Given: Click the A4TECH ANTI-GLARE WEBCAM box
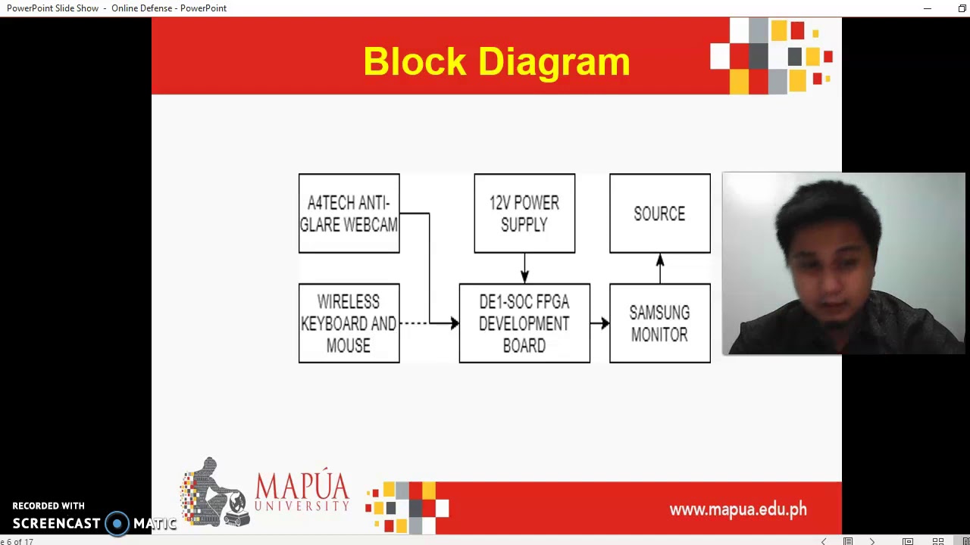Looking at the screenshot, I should coord(349,213).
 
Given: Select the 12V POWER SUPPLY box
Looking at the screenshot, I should coord(524,213).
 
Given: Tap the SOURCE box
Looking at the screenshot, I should coord(659,213).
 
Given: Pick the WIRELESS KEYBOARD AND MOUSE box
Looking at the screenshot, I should coord(349,323).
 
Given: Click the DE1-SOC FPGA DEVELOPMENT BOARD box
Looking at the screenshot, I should coord(524,323).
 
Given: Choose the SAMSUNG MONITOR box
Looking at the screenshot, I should coord(659,323).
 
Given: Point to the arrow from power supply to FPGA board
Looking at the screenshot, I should coord(524,269).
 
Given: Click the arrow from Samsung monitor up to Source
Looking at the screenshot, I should coord(660,269).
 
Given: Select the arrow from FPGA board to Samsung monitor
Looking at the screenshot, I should coord(600,323).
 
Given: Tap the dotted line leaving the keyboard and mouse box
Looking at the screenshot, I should coord(413,323).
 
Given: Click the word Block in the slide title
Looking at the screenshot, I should coord(415,61).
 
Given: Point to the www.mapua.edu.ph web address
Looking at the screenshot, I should coord(738,509).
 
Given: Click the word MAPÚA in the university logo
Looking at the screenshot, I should coord(302,487).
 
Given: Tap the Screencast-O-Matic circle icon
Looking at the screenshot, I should coord(117,523).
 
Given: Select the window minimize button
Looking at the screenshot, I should coord(928,8).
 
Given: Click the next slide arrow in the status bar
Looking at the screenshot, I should coord(872,541).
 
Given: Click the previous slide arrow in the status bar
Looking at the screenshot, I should coord(824,541).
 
